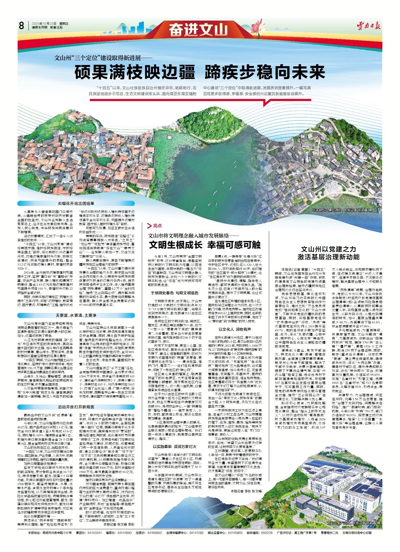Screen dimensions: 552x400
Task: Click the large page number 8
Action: (22, 26)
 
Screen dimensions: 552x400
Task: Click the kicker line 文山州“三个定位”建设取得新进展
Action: (103, 58)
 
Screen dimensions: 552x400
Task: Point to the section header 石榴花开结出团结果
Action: (76, 203)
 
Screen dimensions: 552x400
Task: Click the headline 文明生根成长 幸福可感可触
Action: (205, 245)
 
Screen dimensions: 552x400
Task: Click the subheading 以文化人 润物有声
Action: (235, 329)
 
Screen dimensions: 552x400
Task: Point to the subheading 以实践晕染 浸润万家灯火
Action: (175, 447)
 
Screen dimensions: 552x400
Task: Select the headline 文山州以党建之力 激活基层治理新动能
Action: (329, 253)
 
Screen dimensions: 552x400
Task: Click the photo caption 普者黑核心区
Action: (104, 181)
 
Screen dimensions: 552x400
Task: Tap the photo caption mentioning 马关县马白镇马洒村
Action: (342, 210)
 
